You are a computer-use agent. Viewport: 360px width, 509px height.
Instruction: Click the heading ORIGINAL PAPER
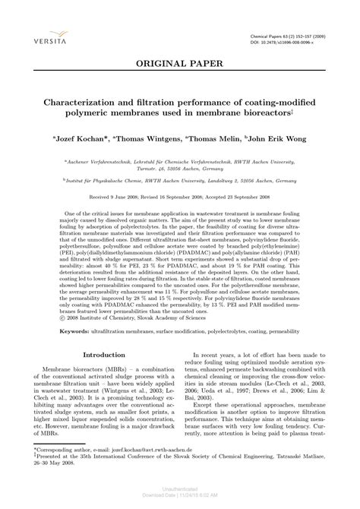pyautogui.click(x=179, y=66)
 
